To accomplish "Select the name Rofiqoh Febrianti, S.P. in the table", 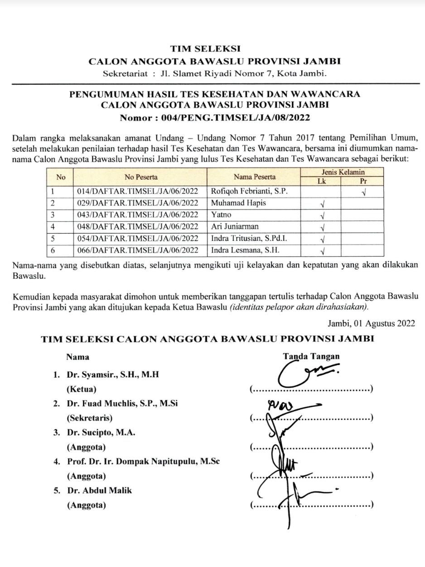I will click(x=249, y=191).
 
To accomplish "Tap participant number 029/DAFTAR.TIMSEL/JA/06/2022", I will click(x=138, y=203).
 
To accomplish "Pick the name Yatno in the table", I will click(x=221, y=215).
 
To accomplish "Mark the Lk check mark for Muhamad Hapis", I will click(x=323, y=204).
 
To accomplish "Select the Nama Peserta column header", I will click(x=254, y=177).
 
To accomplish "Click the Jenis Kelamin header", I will click(x=343, y=172).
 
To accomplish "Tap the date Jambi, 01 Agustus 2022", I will click(x=371, y=323).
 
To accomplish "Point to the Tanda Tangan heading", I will click(x=311, y=356).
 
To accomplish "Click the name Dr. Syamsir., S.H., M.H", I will click(x=113, y=375).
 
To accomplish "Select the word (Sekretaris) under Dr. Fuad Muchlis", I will click(x=90, y=418).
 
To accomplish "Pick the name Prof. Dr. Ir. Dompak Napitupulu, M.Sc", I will click(x=144, y=461).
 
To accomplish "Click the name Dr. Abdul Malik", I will click(x=100, y=490).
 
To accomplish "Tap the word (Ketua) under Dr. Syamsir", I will click(x=82, y=389).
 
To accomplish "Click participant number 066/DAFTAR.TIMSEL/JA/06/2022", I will click(x=138, y=250).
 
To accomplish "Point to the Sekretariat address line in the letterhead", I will click(x=214, y=73).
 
